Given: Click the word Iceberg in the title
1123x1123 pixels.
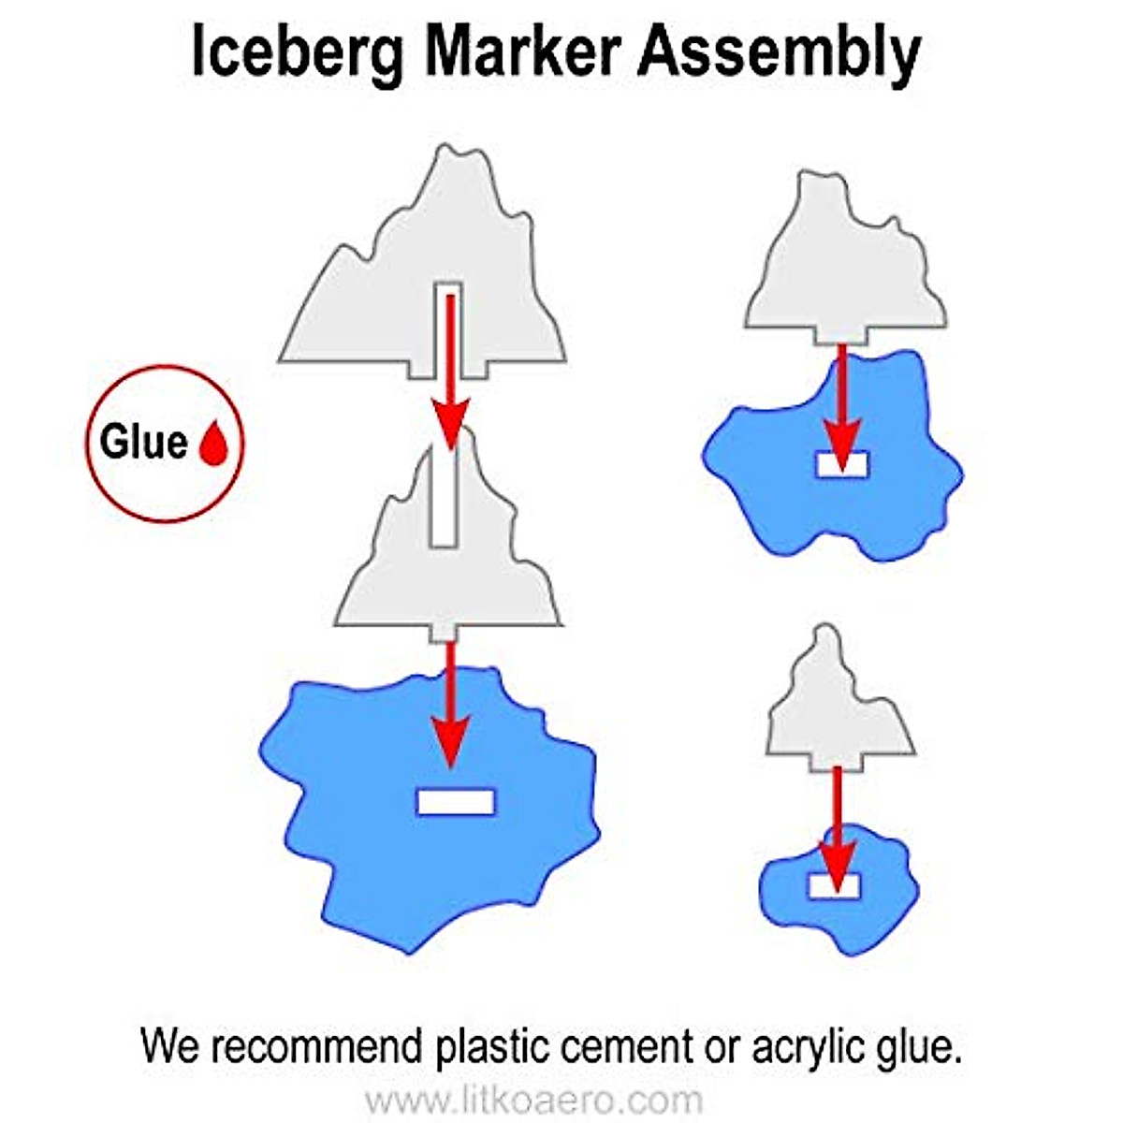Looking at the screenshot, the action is click(298, 53).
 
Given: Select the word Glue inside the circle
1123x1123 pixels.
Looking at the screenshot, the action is click(143, 442).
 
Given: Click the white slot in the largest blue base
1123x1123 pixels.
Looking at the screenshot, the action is click(455, 802).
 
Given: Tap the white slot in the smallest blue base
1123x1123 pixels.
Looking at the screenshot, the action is click(835, 885).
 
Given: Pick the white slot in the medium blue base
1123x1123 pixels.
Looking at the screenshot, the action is click(842, 465).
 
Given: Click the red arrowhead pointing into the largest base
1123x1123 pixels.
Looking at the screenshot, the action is click(451, 744).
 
